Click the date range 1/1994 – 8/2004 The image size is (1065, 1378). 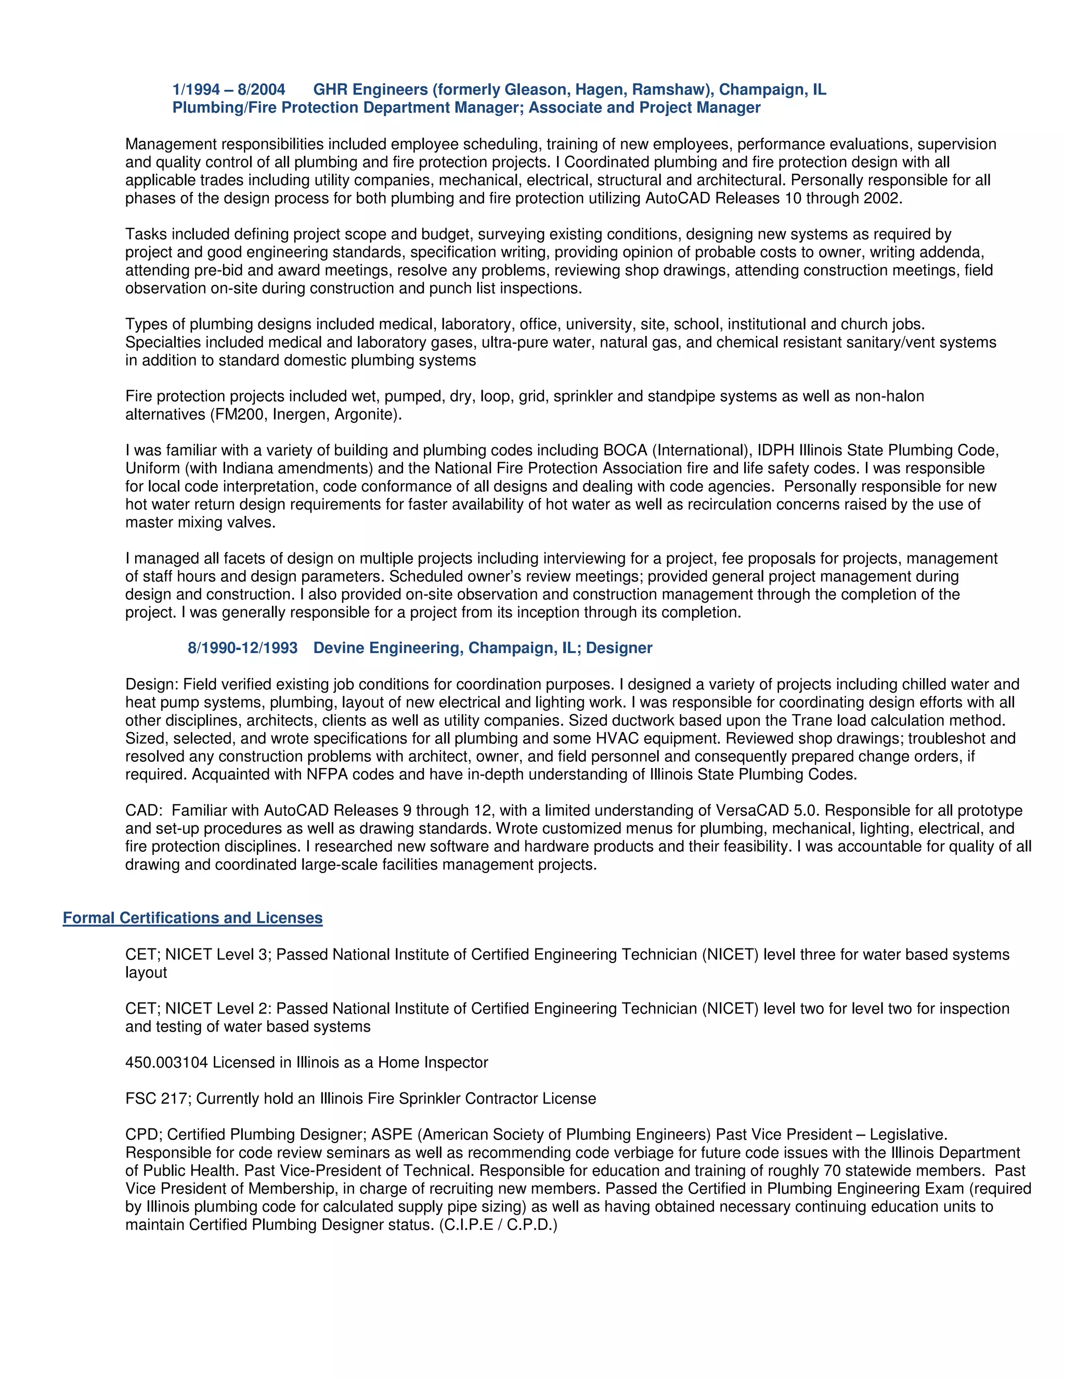coord(228,89)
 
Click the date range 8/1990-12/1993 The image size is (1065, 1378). coord(242,648)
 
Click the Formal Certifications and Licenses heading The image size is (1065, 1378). coord(192,918)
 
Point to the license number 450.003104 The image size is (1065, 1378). coord(166,1062)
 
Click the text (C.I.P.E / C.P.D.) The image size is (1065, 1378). coord(498,1225)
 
